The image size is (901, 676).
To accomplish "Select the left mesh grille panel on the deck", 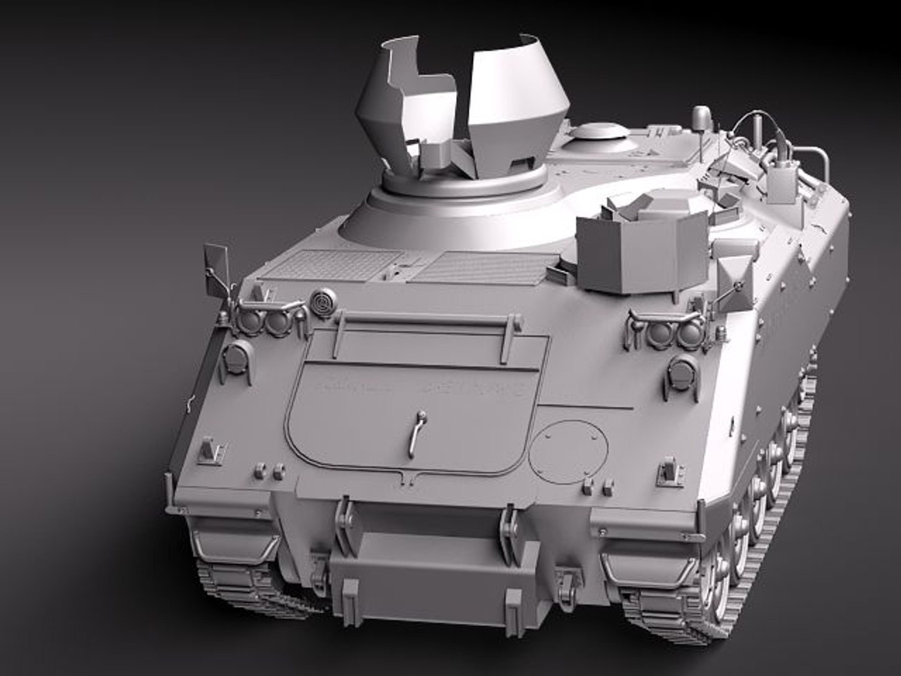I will coord(328,264).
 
